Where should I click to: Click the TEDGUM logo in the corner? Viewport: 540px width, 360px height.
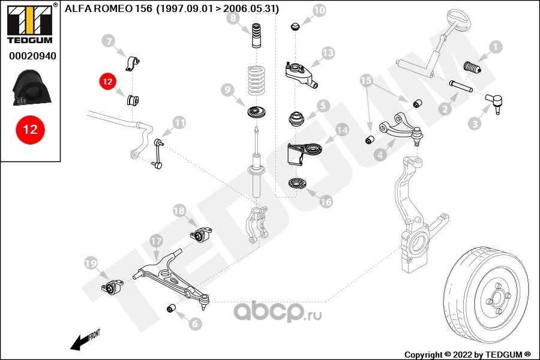point(31,23)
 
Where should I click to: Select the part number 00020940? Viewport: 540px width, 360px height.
point(32,56)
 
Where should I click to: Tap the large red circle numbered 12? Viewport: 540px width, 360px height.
point(31,130)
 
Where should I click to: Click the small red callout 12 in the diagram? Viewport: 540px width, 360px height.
point(107,82)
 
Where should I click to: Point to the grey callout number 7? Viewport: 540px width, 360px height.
point(109,41)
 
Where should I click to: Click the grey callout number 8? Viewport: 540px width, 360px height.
point(233,18)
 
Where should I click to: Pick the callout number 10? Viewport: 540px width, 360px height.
point(319,10)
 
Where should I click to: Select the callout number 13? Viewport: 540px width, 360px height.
point(328,53)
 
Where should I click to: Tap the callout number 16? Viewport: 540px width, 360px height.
point(326,202)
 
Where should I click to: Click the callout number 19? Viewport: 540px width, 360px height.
point(91,264)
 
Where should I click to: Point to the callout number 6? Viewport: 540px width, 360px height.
point(195,324)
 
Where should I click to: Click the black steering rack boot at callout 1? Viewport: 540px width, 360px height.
point(472,68)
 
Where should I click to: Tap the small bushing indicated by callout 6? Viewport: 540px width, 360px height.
point(171,308)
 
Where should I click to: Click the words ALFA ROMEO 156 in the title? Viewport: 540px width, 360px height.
point(109,8)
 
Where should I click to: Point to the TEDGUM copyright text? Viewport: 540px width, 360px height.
point(467,355)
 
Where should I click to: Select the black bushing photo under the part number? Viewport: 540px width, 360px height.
point(32,88)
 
